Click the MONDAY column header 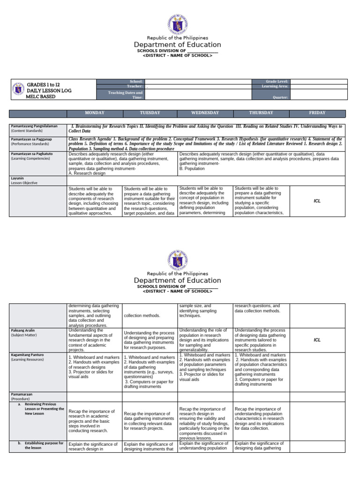click(94, 113)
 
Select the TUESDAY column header click(150, 113)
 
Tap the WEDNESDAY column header click(205, 113)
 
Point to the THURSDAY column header click(261, 113)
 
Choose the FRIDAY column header click(317, 113)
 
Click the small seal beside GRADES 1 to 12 click(19, 90)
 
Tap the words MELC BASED click(41, 97)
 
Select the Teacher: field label click(134, 86)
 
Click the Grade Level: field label click(277, 81)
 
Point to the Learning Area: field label click(275, 86)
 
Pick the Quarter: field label click(280, 97)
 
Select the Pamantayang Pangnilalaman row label click(34, 126)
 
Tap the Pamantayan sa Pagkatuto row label click(31, 153)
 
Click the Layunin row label click(17, 179)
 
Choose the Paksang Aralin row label click(23, 330)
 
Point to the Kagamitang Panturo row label click(27, 355)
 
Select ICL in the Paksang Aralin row click(317, 340)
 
